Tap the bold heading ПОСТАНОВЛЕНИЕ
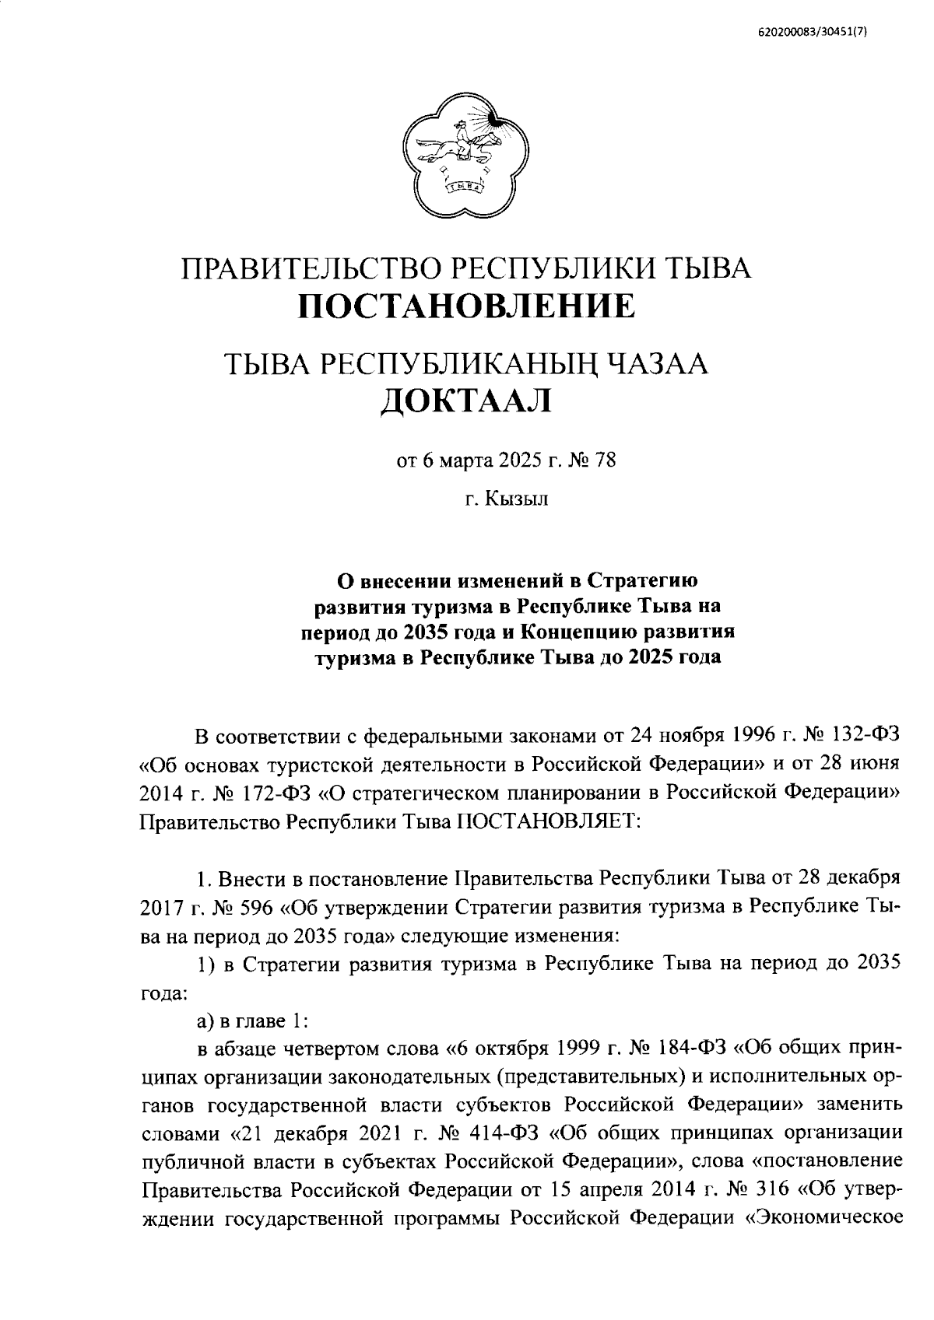tap(467, 306)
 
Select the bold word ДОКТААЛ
tap(465, 402)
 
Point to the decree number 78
tap(605, 460)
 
